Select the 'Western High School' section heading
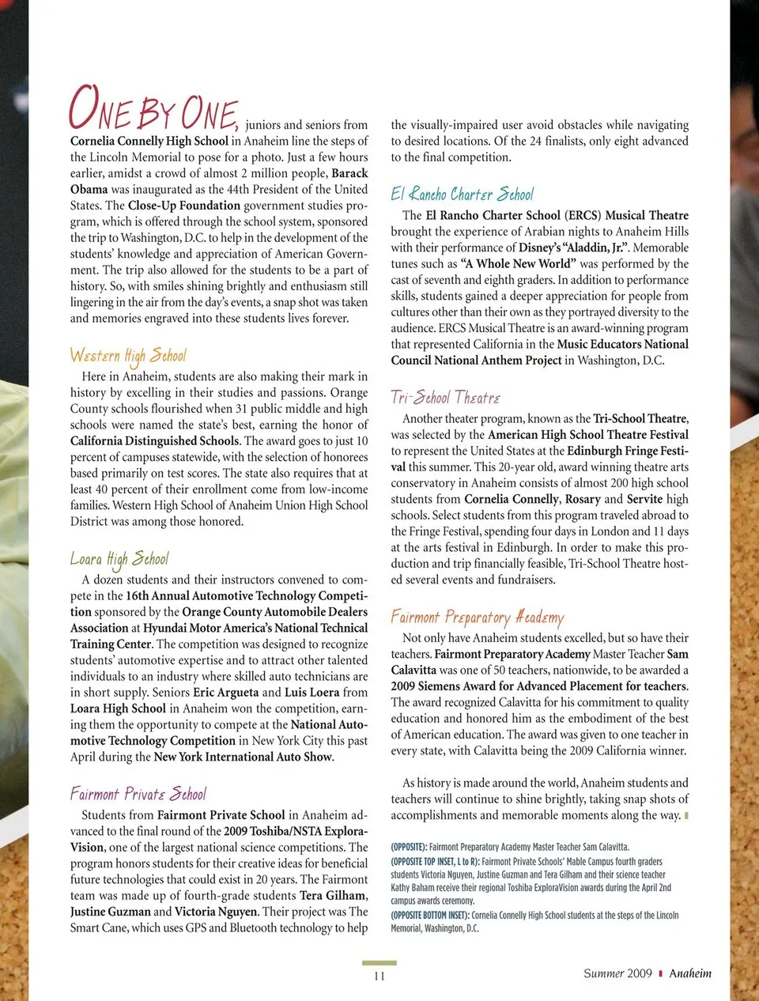127,355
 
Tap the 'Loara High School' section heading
119,559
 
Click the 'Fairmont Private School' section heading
138,794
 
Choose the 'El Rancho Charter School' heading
462,194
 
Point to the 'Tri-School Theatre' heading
445,397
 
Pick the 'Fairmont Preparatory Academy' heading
478,617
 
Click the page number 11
379,976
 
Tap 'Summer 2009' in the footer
617,973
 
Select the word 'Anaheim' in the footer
690,973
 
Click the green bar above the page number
379,963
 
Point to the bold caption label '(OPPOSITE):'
409,847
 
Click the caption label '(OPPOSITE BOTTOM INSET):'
430,915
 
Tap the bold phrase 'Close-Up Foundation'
184,206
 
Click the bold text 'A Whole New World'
518,264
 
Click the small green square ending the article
686,815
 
